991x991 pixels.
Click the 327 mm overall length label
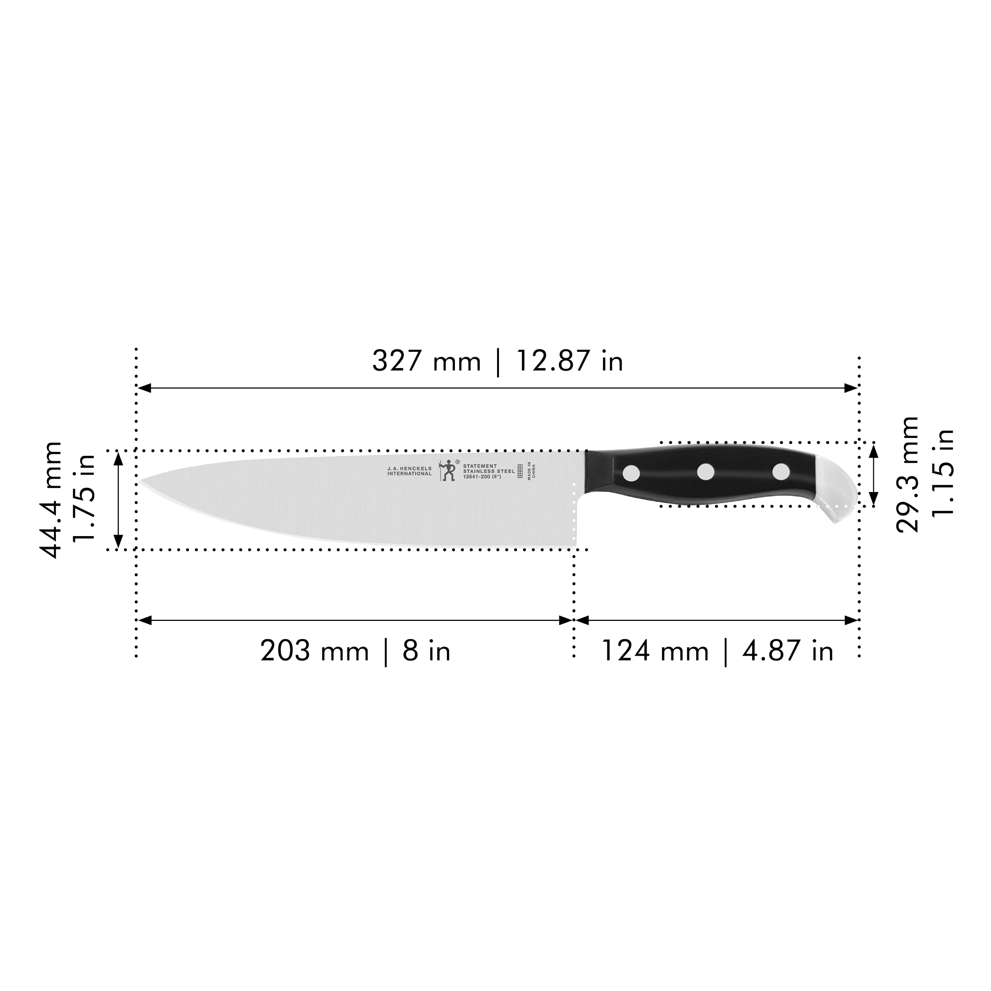pos(426,361)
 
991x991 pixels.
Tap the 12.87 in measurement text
pos(569,361)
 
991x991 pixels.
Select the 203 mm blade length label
pos(314,652)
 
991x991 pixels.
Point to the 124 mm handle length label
pos(654,652)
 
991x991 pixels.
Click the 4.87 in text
pos(787,652)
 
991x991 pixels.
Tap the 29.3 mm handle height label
pos(907,475)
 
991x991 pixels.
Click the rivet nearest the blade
pos(631,472)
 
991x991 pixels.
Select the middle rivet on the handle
pos(706,471)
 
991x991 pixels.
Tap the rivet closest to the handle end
pos(781,471)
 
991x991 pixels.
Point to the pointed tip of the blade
pos(143,482)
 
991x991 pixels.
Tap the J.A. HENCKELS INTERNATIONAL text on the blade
pos(409,471)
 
